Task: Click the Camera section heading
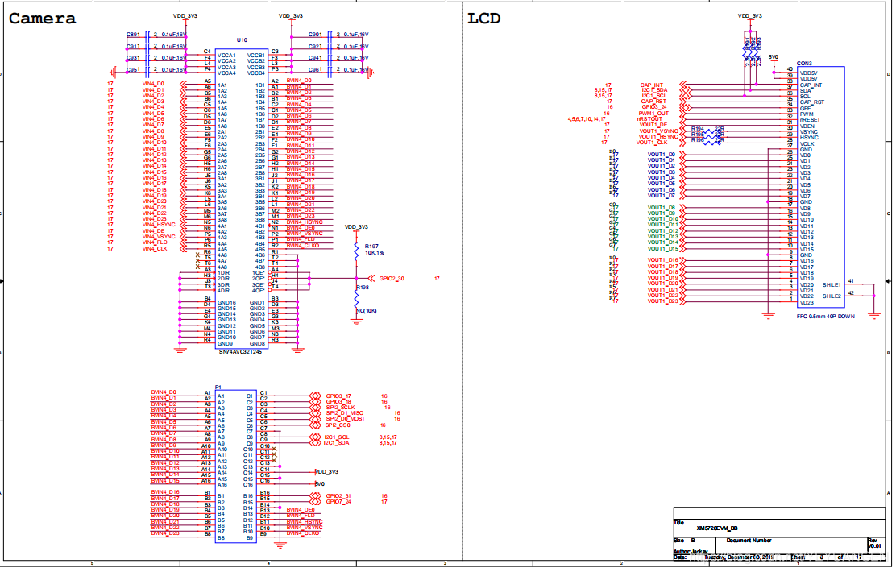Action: click(43, 19)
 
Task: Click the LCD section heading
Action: click(484, 19)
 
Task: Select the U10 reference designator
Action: click(242, 39)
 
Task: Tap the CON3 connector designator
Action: click(804, 63)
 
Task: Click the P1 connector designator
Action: click(218, 387)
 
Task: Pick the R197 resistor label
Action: click(371, 246)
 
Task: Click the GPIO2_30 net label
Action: click(392, 278)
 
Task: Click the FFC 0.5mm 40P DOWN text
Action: click(827, 316)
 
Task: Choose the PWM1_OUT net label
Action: click(653, 114)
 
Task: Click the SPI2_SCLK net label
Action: click(341, 408)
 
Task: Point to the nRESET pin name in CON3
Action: click(810, 120)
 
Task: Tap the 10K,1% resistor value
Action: click(375, 252)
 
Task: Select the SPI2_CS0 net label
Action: click(338, 425)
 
